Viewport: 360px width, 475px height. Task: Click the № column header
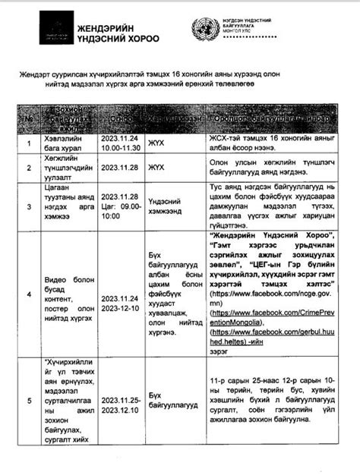pos(29,118)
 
